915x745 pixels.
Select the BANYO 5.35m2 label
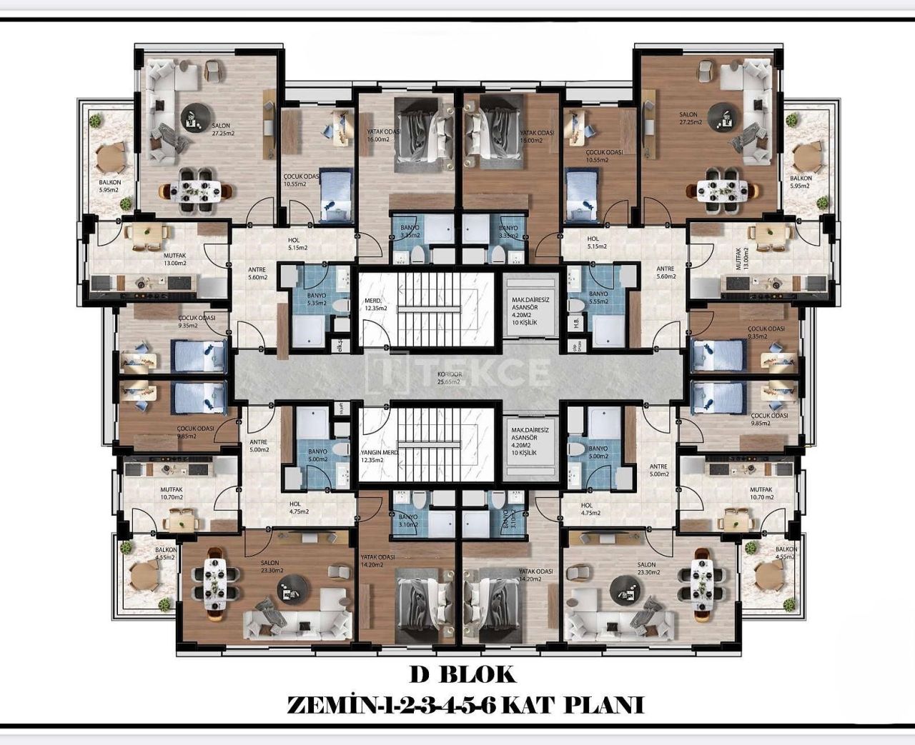[x=316, y=299]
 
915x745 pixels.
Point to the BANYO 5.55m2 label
[x=598, y=298]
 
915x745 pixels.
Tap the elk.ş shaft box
[x=341, y=346]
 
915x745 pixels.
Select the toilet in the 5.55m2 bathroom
[x=575, y=304]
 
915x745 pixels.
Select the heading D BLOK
[x=462, y=674]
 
